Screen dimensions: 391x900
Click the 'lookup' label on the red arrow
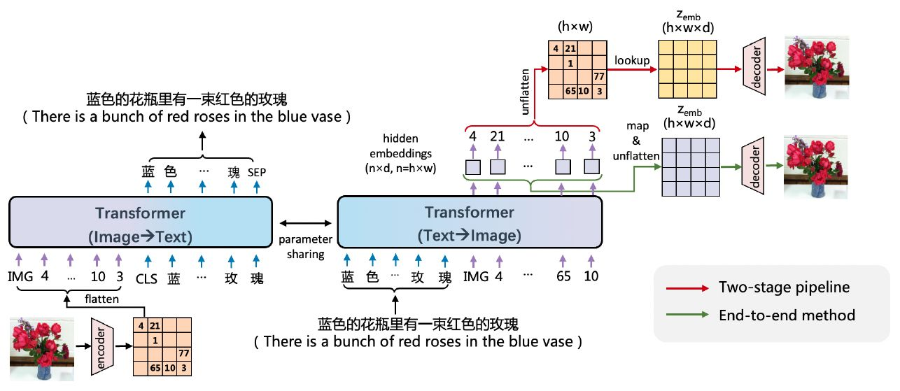632,61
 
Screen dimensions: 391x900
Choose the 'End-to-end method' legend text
787,315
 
